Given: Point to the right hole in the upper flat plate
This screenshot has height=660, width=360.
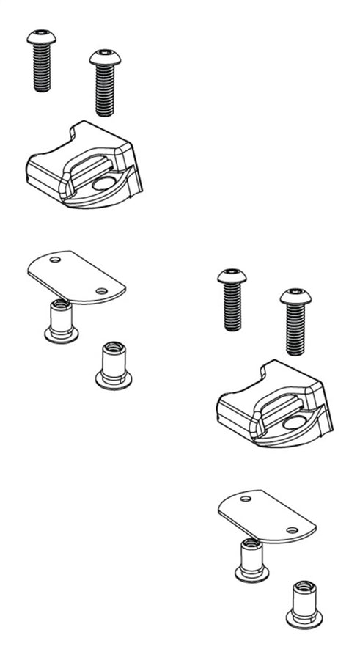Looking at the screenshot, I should tap(103, 291).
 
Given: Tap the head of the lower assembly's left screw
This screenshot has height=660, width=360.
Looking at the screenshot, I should tap(232, 276).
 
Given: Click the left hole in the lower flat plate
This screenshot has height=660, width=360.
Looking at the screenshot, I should tap(244, 499).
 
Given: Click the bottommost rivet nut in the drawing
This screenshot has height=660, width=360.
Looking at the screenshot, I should tap(304, 604).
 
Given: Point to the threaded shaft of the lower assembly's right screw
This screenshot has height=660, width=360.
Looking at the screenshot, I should tap(295, 330).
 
